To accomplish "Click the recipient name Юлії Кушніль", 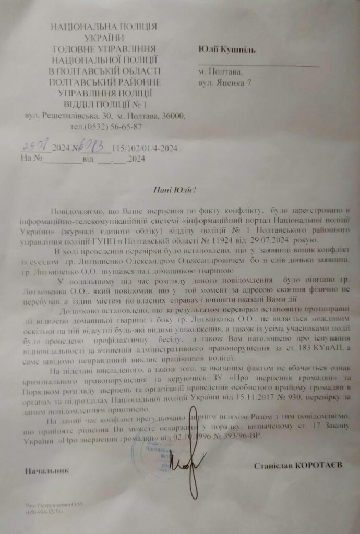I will [226, 49].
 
